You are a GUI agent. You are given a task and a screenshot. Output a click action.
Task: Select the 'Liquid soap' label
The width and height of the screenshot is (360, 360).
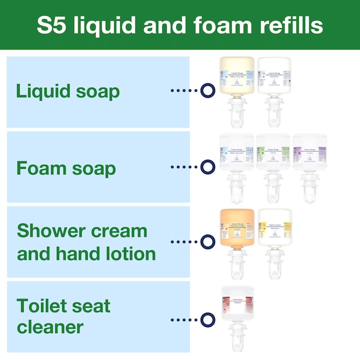[x=68, y=91]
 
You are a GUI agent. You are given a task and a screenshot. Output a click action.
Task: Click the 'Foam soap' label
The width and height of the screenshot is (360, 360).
[x=66, y=168]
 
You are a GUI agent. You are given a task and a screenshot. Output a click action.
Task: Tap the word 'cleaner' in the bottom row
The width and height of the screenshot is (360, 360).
[x=50, y=327]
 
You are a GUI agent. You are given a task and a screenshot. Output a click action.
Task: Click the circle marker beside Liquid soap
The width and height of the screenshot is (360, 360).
[x=208, y=90]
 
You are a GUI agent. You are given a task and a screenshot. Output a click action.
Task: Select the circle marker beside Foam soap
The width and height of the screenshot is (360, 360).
[x=208, y=166]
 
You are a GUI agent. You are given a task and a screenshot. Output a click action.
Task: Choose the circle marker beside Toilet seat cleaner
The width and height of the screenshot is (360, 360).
[x=208, y=319]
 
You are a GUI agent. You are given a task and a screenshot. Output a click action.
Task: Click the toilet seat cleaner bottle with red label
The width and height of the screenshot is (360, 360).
[x=237, y=309]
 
